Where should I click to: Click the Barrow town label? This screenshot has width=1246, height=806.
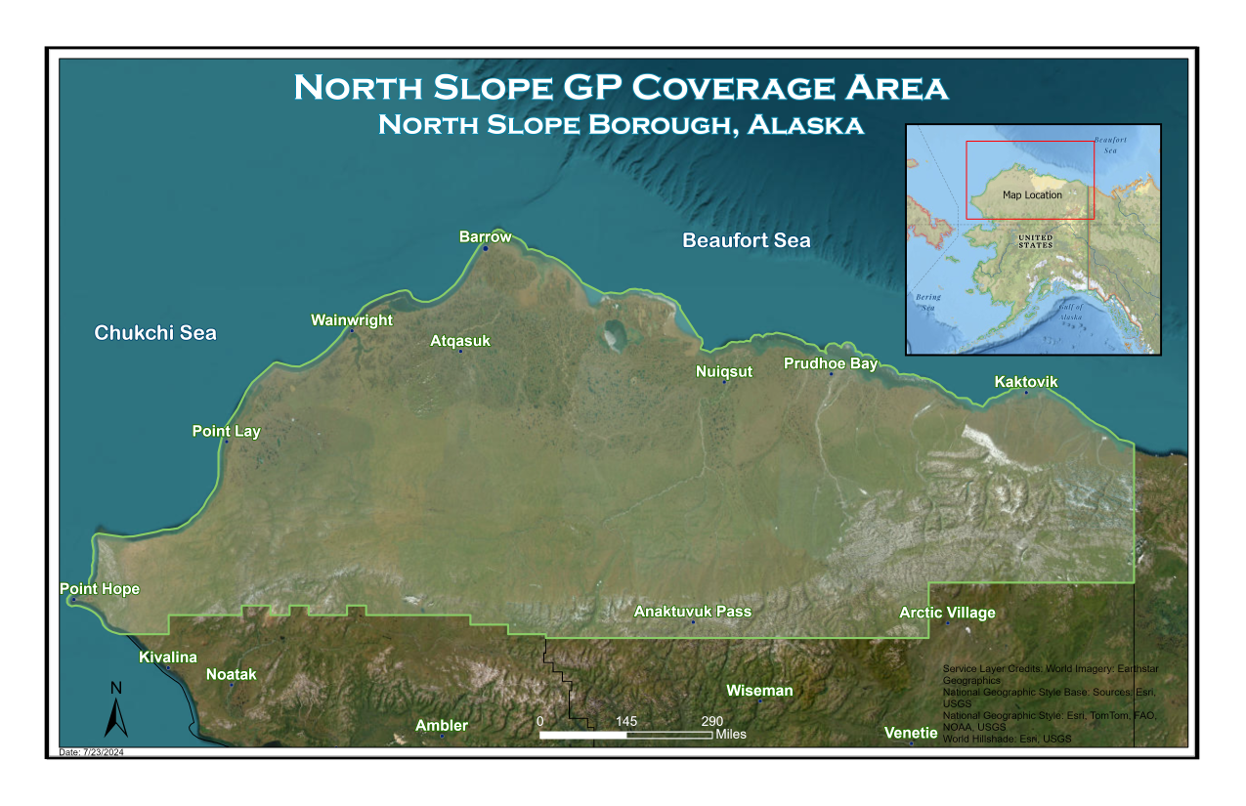click(x=485, y=236)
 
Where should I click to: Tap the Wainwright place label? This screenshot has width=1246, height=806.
click(x=352, y=319)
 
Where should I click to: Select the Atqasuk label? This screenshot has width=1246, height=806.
click(x=460, y=341)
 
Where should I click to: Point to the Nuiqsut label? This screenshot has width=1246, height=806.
click(x=724, y=371)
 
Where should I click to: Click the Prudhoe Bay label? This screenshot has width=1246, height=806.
click(x=831, y=363)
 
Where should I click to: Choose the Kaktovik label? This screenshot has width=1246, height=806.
click(x=1026, y=381)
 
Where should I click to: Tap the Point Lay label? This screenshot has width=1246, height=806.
click(x=225, y=431)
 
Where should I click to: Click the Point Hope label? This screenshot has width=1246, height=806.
click(x=100, y=589)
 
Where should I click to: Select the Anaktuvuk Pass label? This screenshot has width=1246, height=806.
click(x=693, y=612)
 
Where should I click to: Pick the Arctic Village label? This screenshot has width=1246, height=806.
click(x=947, y=613)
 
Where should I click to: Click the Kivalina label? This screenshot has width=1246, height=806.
click(x=168, y=658)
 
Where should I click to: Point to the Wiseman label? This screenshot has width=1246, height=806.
click(x=759, y=691)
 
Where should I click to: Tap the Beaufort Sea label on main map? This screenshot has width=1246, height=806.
click(x=746, y=240)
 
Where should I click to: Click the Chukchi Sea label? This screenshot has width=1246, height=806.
click(x=155, y=333)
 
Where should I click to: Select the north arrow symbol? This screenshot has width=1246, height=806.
click(x=116, y=710)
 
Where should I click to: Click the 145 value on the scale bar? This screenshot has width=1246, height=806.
click(x=626, y=721)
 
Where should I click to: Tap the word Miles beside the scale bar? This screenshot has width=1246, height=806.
click(x=731, y=734)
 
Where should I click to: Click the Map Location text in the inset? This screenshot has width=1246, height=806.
click(x=1032, y=195)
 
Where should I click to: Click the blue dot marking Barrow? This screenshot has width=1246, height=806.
click(x=485, y=248)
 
